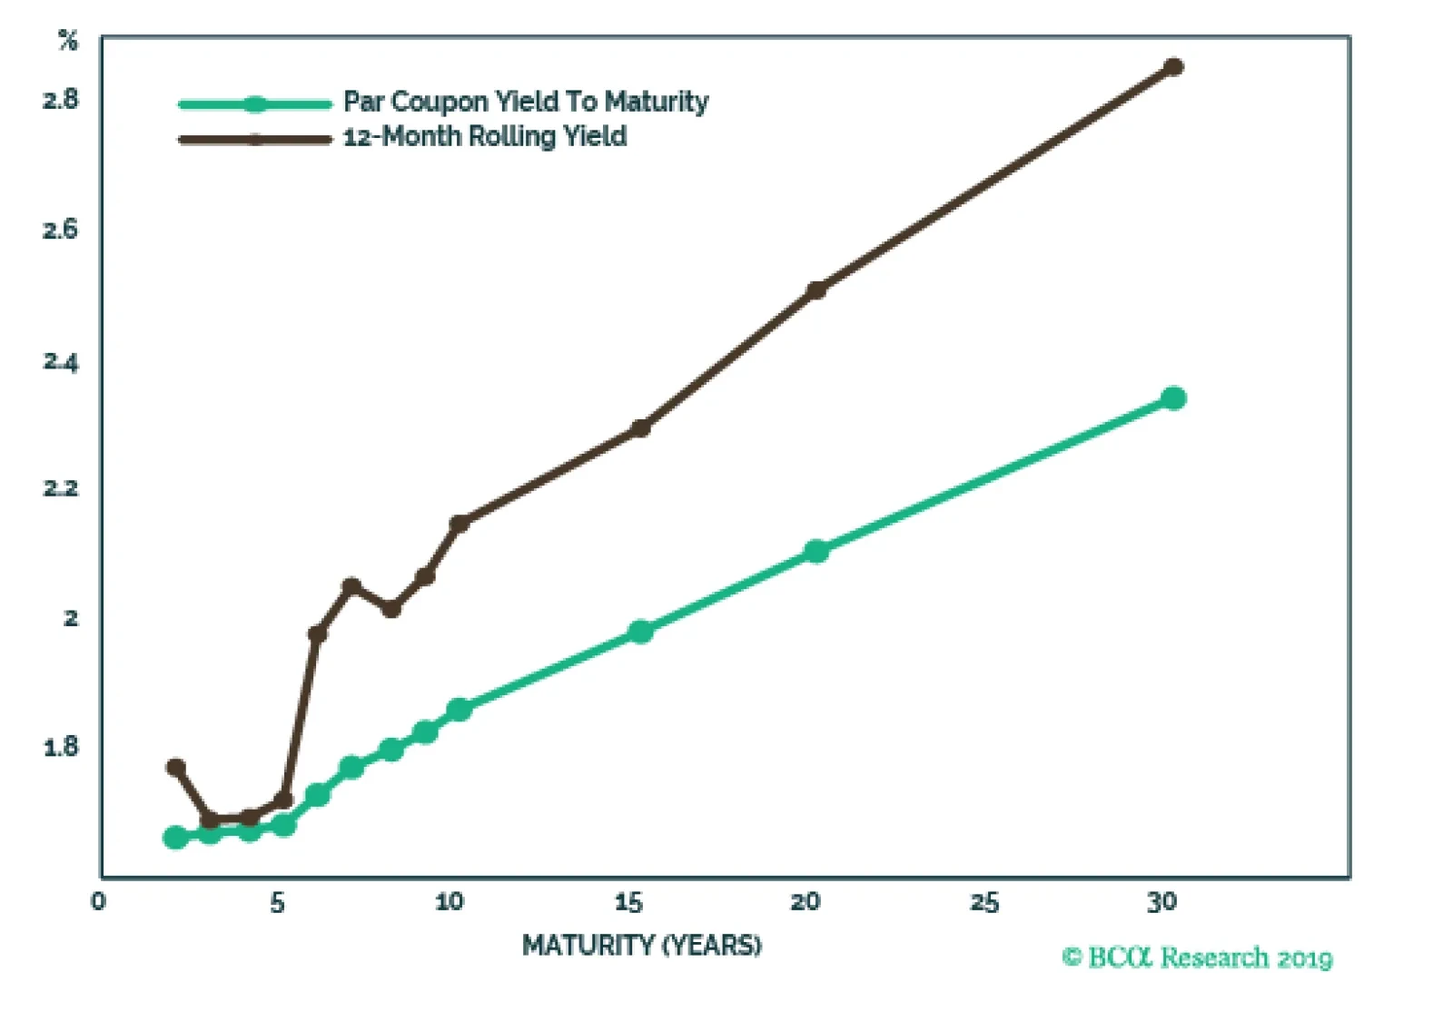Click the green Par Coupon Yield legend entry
click(525, 102)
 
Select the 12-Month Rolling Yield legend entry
click(485, 137)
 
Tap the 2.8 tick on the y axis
click(61, 100)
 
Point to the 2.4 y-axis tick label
click(61, 362)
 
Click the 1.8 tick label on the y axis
click(61, 748)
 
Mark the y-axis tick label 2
click(71, 618)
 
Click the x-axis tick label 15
click(628, 902)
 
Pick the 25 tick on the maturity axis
click(984, 902)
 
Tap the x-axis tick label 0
click(98, 902)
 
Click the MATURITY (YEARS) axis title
click(641, 946)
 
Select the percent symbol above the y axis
click(68, 41)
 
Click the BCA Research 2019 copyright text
click(1197, 958)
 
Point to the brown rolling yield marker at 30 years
click(1173, 66)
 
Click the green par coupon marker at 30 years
click(1173, 398)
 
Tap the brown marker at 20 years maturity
click(816, 290)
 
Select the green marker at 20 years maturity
click(816, 551)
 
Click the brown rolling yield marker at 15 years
click(640, 427)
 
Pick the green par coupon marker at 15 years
click(640, 632)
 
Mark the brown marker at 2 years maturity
click(176, 768)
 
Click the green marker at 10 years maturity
click(459, 710)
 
